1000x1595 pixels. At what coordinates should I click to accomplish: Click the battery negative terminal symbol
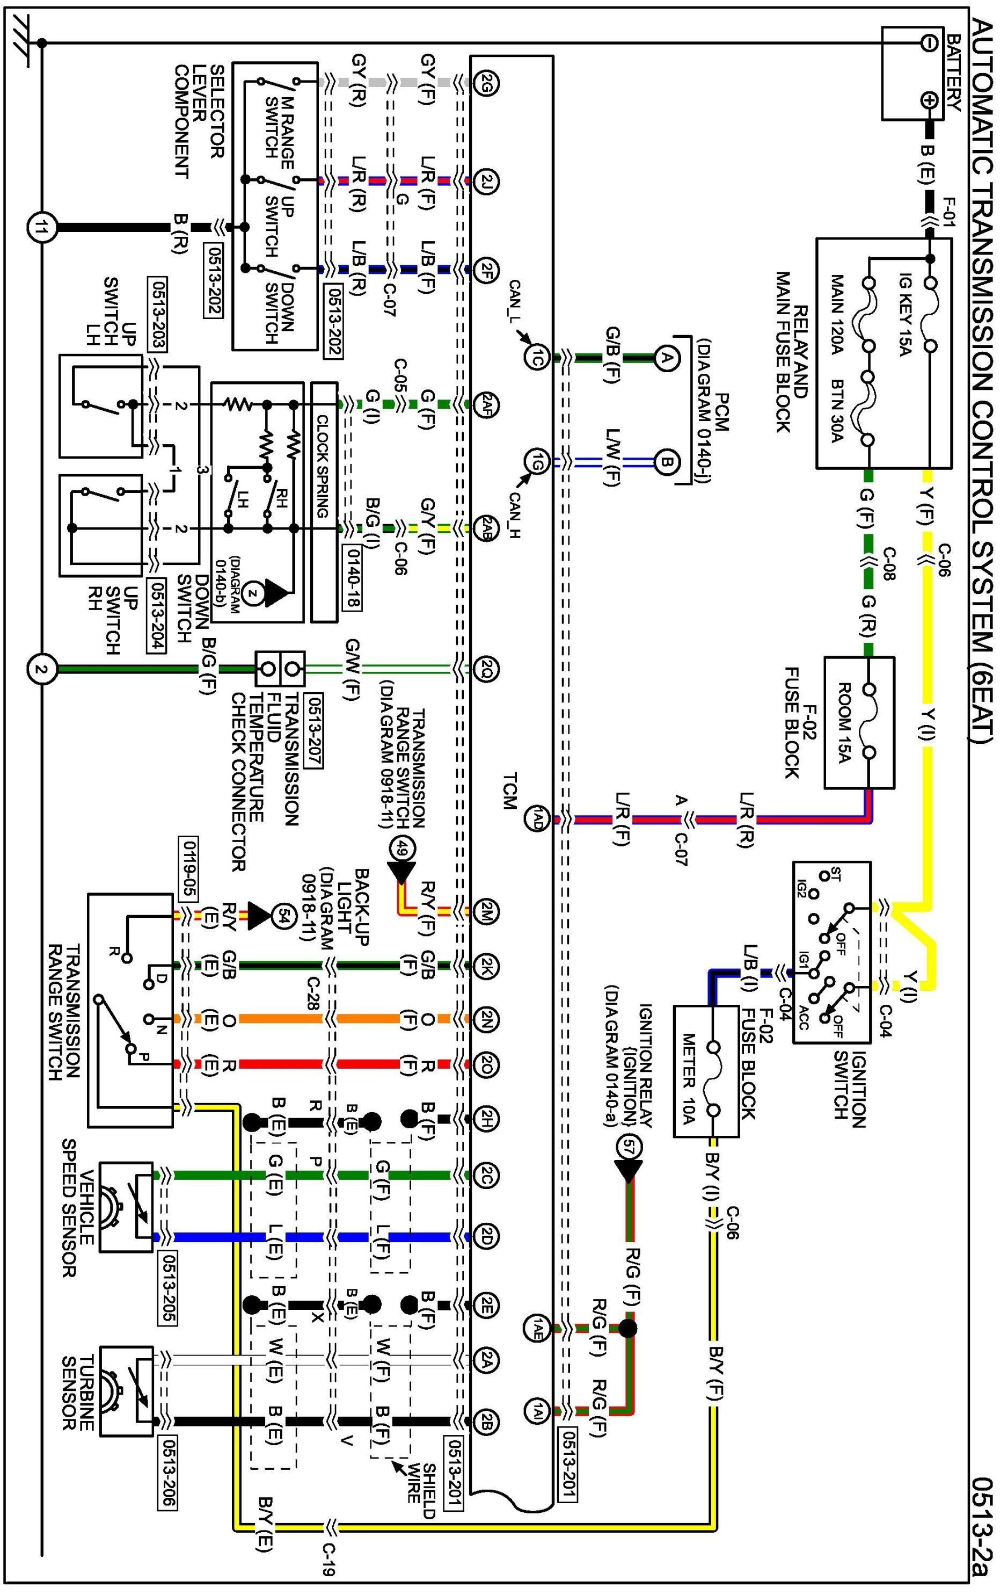coord(929,43)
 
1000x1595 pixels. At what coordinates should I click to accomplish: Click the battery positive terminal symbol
coord(929,100)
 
